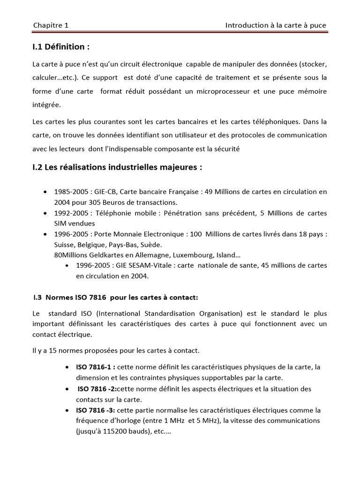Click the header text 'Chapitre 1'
(x=51, y=25)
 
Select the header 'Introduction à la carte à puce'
(x=276, y=25)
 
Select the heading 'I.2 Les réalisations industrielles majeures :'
(x=117, y=168)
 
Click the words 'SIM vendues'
(x=75, y=223)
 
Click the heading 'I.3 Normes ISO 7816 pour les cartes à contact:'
(x=115, y=297)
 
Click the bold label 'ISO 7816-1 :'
(x=96, y=367)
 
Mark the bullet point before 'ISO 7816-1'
(x=68, y=367)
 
